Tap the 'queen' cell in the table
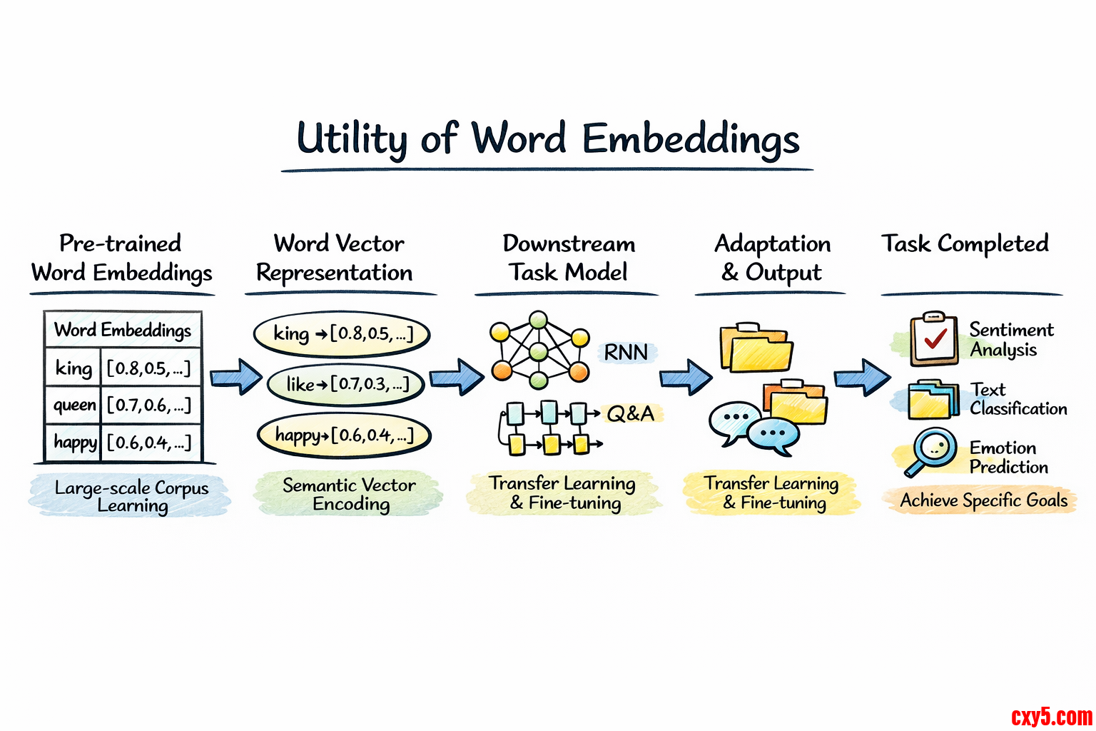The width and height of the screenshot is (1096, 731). click(x=74, y=405)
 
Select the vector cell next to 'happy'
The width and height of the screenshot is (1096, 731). click(x=149, y=443)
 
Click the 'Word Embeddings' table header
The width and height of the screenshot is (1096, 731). click(x=123, y=330)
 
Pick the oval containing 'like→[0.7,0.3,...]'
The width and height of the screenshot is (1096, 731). click(x=346, y=385)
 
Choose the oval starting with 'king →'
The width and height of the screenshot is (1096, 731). click(x=342, y=333)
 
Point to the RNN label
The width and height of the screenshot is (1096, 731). click(x=626, y=352)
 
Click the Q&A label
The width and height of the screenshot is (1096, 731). click(x=631, y=413)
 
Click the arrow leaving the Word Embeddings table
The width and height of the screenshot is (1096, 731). click(x=235, y=377)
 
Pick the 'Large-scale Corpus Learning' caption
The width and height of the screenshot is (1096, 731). click(x=131, y=496)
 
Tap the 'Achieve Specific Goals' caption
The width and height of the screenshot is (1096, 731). click(x=983, y=500)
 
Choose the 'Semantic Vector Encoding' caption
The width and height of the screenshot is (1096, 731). click(x=350, y=494)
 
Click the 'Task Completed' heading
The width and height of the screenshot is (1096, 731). click(x=965, y=244)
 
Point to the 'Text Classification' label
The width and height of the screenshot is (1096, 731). click(x=1018, y=399)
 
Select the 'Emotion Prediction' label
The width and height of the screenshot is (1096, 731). click(x=1008, y=457)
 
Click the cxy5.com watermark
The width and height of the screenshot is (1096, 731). click(x=1051, y=716)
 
